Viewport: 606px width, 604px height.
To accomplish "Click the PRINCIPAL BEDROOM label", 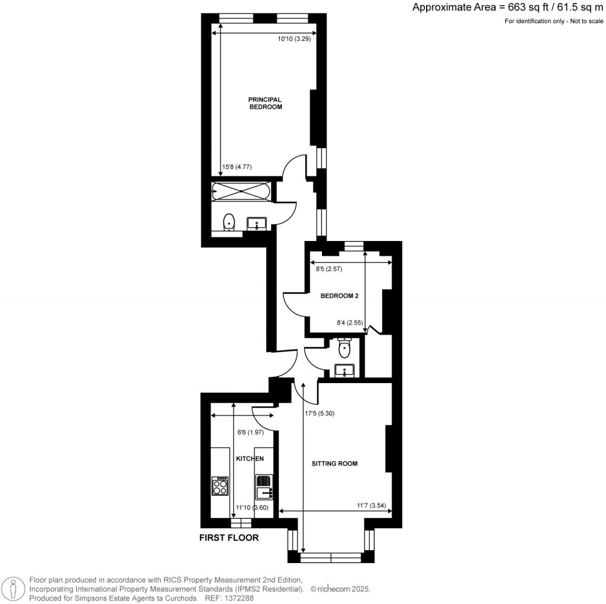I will click(265, 104).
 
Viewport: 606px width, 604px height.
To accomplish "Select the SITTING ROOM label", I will click(334, 464).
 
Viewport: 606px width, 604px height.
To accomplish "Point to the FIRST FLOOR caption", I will click(228, 538).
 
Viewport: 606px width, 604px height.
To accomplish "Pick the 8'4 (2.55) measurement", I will click(349, 323).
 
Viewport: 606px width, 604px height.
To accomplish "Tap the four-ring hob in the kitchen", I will click(220, 486).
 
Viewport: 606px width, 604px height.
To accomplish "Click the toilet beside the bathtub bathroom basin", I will click(229, 222).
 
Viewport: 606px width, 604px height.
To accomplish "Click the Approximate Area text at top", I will click(508, 8).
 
